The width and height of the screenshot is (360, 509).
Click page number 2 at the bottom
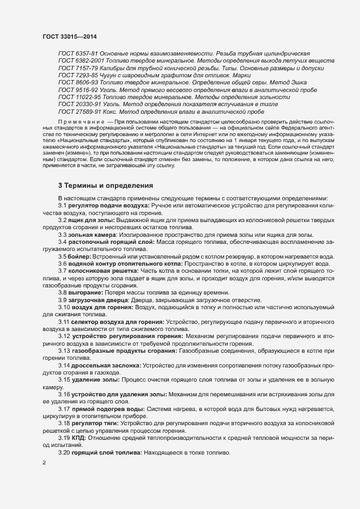[44, 463]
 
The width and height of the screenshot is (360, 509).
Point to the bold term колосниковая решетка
[103, 271]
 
